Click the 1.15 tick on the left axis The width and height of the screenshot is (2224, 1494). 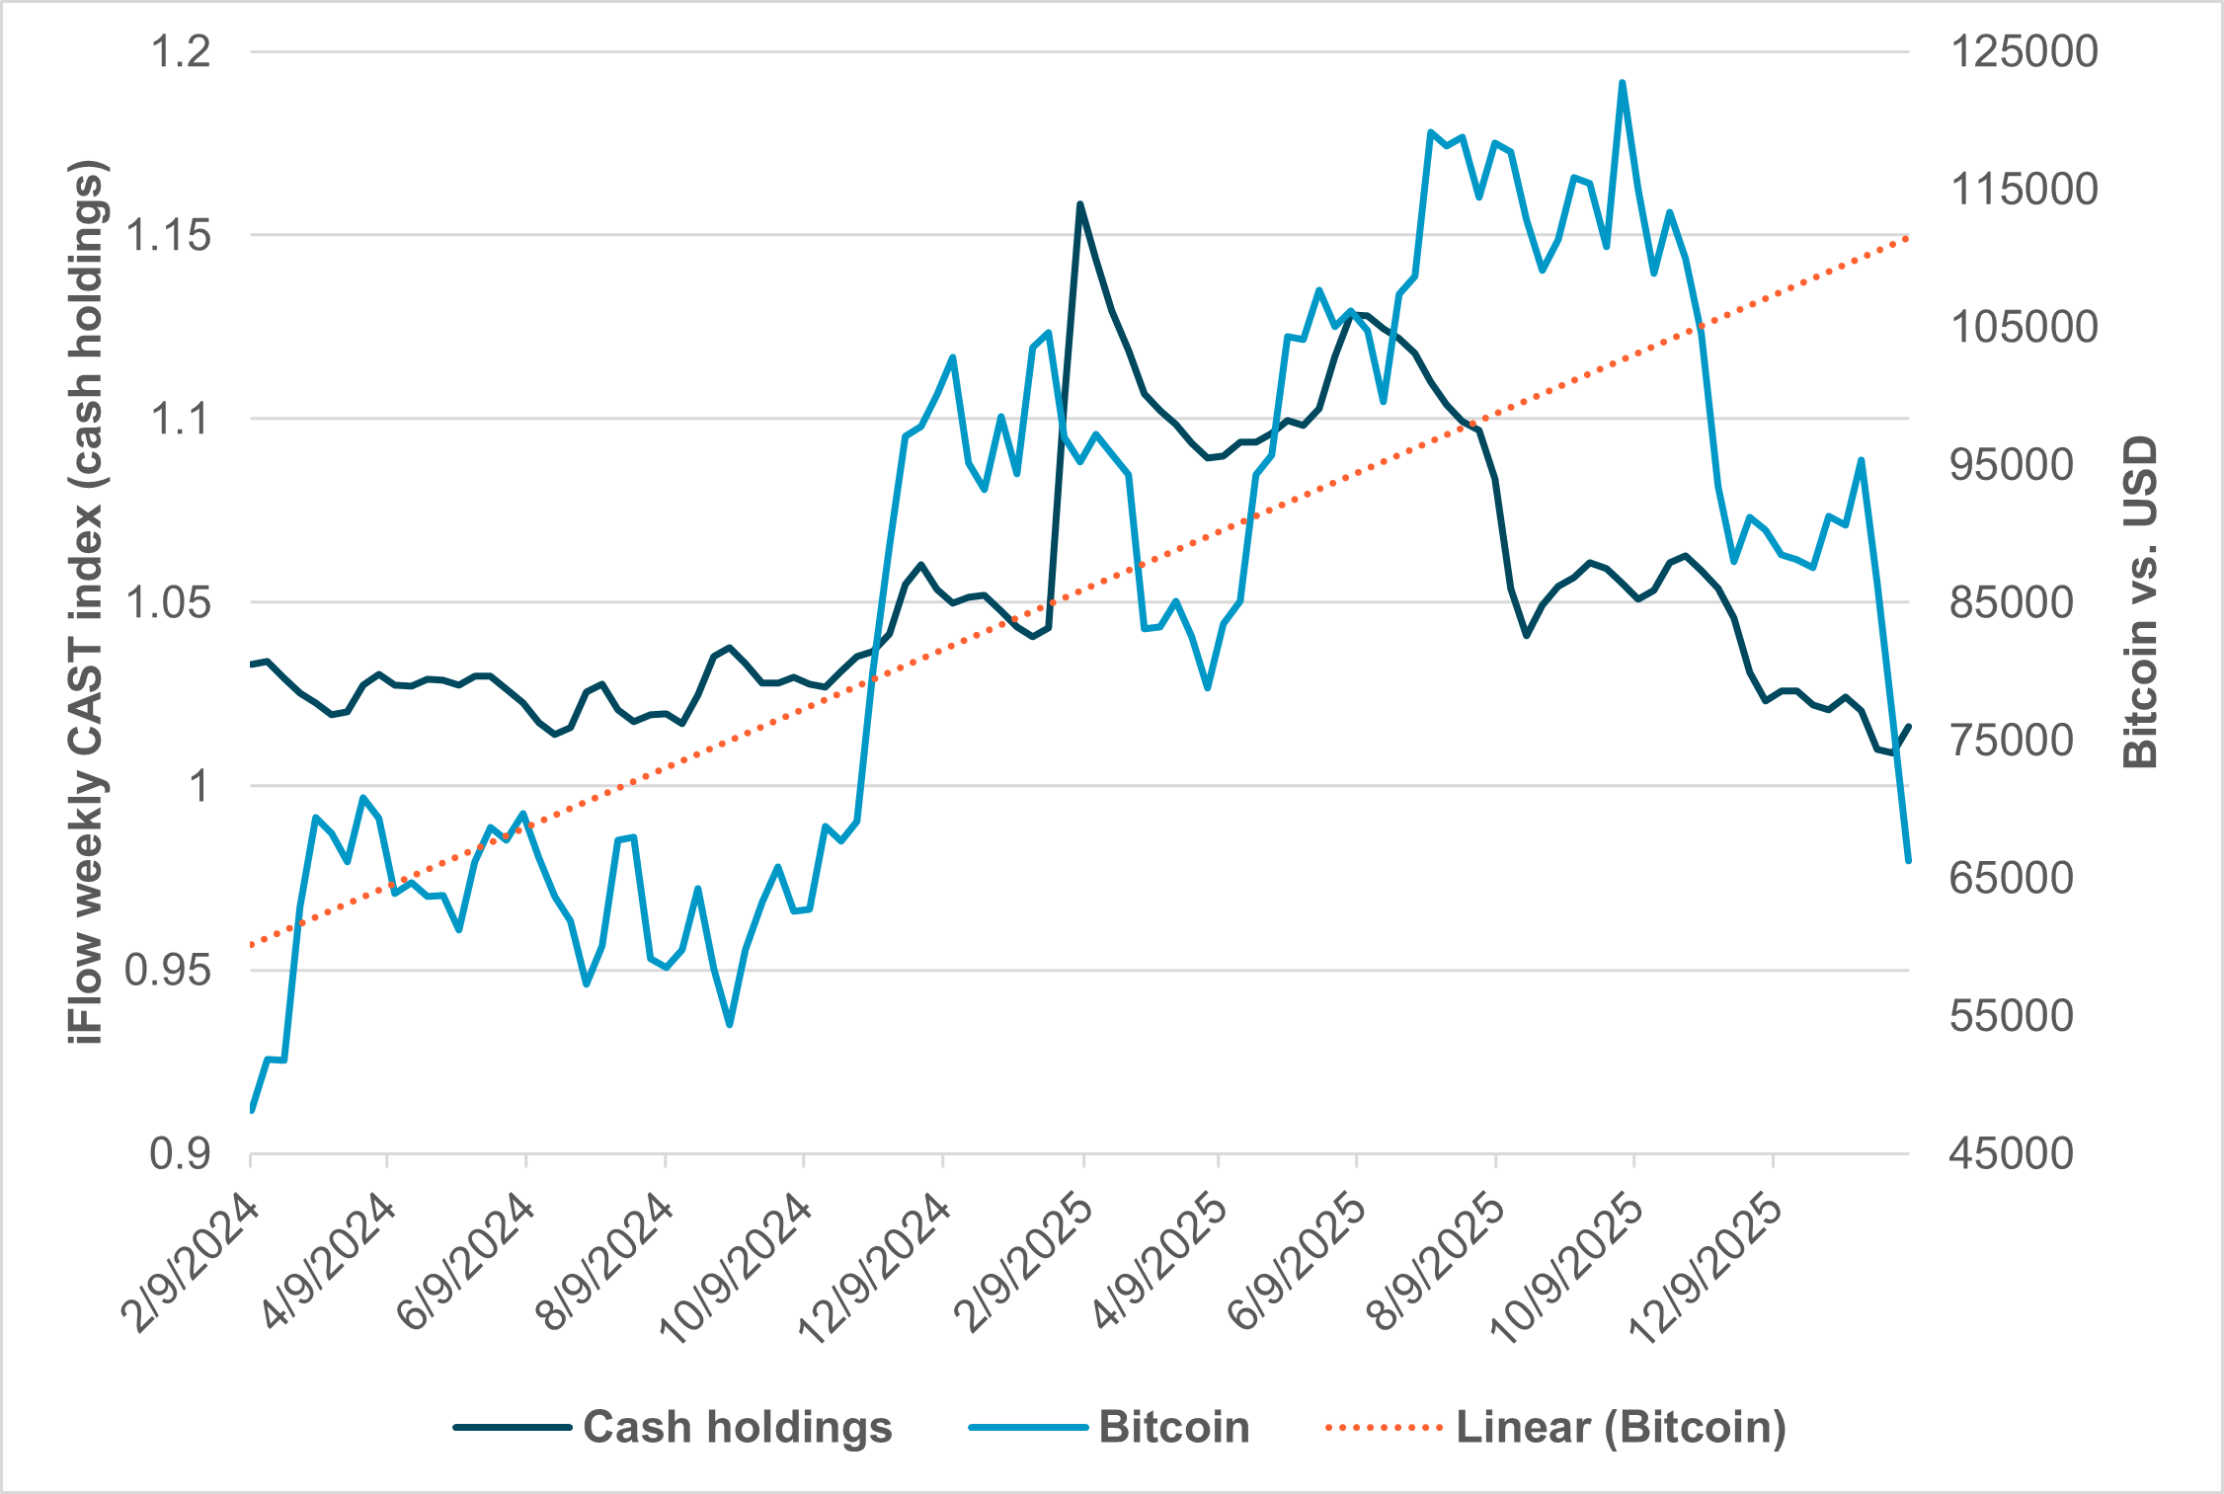(x=168, y=236)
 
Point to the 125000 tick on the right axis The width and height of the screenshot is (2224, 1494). (x=2023, y=51)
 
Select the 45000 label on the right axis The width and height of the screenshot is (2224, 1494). (x=2010, y=1153)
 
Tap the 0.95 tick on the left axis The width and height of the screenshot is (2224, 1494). (x=168, y=971)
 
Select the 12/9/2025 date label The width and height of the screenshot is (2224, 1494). (x=1706, y=1274)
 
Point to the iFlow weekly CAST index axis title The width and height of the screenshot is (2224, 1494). (x=87, y=602)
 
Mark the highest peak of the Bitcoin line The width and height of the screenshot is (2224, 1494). (x=1622, y=83)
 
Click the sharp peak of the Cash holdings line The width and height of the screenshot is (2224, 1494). (x=1079, y=204)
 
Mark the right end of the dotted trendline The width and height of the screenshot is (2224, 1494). (x=1907, y=238)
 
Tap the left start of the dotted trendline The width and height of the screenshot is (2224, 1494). (x=253, y=945)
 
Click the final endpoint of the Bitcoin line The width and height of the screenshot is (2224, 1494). (x=1908, y=861)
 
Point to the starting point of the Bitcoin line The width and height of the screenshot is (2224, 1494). (x=252, y=1111)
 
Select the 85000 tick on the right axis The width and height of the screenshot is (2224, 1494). (x=2010, y=602)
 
